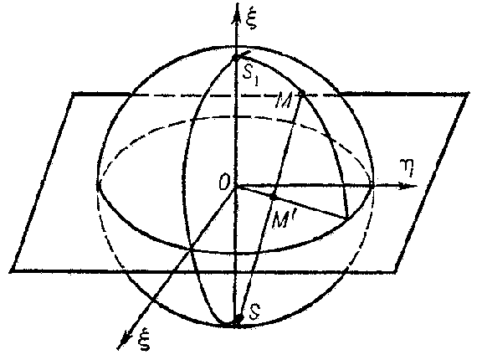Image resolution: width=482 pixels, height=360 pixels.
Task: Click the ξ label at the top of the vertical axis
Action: [x=254, y=19]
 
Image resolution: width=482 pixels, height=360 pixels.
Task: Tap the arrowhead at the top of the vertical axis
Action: [x=237, y=14]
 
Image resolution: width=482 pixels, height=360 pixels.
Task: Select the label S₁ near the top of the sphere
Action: [x=250, y=76]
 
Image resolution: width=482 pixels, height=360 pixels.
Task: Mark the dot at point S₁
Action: [x=235, y=58]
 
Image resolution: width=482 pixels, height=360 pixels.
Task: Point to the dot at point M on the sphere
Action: [x=302, y=92]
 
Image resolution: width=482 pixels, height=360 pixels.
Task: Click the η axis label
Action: [x=408, y=167]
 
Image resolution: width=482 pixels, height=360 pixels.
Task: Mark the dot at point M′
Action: [x=273, y=196]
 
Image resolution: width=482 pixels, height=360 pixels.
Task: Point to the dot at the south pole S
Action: [x=238, y=319]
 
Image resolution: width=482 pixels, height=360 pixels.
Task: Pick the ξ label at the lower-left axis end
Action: [x=144, y=340]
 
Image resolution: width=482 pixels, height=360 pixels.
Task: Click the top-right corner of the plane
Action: [x=468, y=93]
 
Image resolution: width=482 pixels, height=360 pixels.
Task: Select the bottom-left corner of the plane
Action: [x=13, y=271]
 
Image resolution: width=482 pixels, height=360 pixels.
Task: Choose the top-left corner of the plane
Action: [x=73, y=94]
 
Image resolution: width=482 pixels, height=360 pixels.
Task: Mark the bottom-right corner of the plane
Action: [x=396, y=271]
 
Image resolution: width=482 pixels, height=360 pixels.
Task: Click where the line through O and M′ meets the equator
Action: [x=347, y=219]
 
